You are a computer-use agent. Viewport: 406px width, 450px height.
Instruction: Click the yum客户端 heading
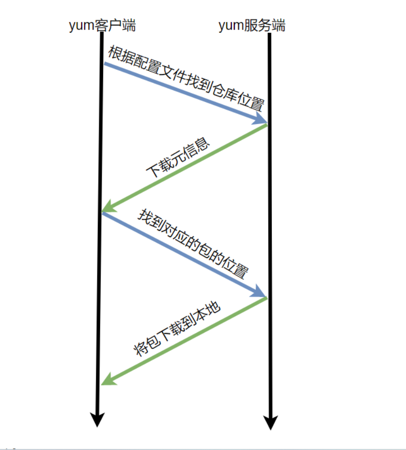102,25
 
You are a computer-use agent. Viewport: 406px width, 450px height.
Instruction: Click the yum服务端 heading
252,25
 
